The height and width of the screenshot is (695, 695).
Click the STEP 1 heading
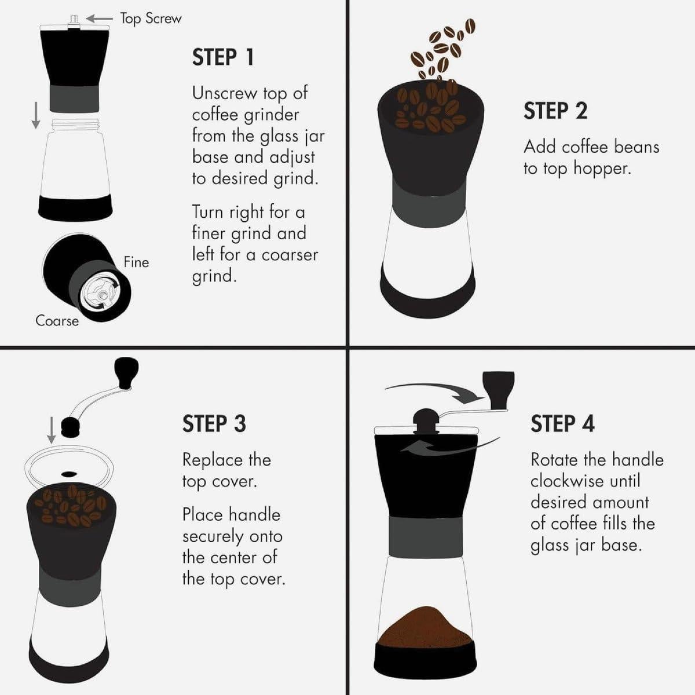pos(223,57)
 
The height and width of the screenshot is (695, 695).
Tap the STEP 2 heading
pos(555,111)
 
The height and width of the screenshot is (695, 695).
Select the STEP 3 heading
pos(214,423)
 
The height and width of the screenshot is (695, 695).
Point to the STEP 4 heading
pos(562,423)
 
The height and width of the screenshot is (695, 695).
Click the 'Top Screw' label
pos(151,19)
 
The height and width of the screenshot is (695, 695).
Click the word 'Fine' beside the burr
pos(136,262)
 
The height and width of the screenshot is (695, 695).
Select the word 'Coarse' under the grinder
pos(57,320)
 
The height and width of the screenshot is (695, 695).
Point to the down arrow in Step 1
pos(36,115)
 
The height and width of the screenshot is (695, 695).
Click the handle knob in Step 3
pos(126,372)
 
